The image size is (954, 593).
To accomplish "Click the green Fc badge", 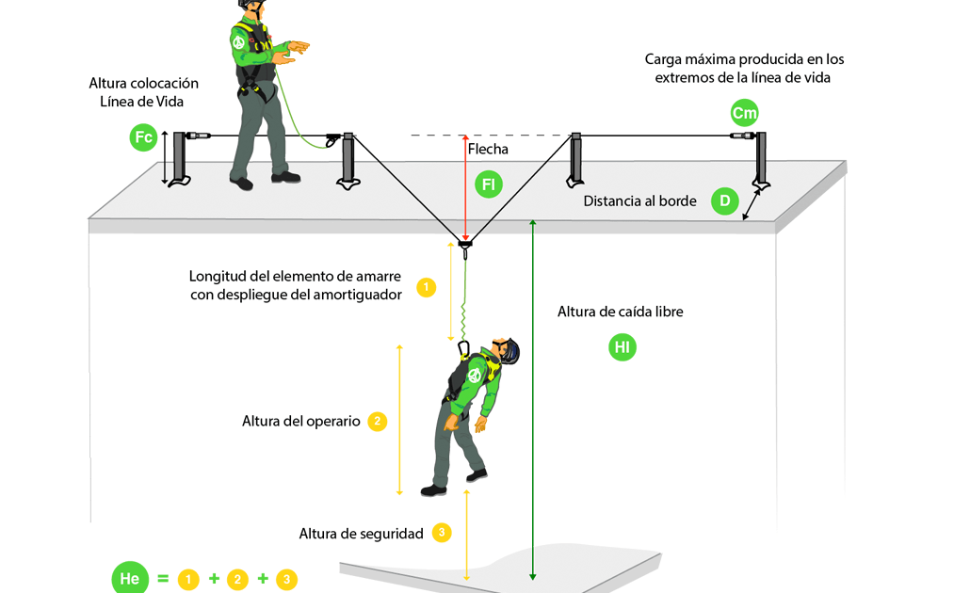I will tap(143, 138).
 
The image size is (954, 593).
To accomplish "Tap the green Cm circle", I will tap(744, 114).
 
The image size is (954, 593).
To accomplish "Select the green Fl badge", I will tap(488, 184).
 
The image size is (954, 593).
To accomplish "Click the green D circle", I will tap(724, 201).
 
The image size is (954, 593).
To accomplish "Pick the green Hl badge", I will tap(623, 347).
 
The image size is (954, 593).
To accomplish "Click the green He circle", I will tap(130, 578).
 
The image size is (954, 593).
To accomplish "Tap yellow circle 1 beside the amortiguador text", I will tap(426, 287).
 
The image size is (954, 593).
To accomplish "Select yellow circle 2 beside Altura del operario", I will tap(377, 421).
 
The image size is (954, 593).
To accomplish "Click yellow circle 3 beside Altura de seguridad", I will tap(442, 533).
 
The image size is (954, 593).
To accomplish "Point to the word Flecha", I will tap(488, 149).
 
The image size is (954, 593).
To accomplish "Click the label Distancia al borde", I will tap(639, 200).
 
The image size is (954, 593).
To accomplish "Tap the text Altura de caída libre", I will tap(621, 312).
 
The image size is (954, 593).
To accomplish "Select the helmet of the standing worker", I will tap(249, 4).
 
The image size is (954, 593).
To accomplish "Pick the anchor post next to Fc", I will tap(178, 158).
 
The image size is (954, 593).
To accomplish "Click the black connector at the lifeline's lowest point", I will tap(465, 246).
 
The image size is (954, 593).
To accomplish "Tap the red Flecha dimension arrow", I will tap(465, 188).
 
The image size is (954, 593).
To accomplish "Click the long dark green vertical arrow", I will tap(533, 395).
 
